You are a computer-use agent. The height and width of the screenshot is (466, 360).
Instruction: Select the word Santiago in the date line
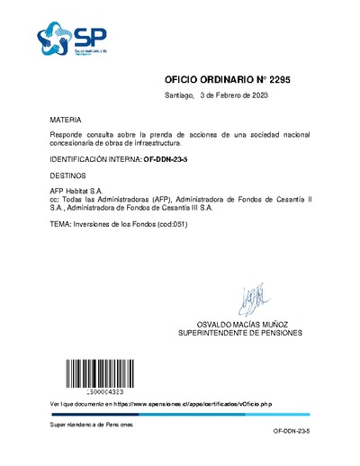tap(180, 95)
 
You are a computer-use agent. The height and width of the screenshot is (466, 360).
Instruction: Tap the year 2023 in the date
tap(258, 95)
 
